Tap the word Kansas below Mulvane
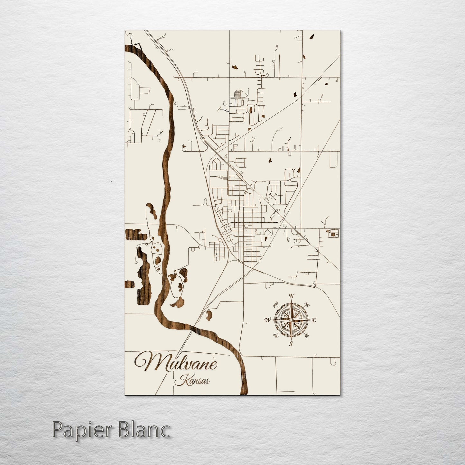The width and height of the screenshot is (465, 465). [x=192, y=380]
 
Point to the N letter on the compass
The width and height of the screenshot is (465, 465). [x=292, y=296]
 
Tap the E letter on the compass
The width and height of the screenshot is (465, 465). [x=314, y=320]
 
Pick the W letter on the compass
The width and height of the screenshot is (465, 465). [x=267, y=320]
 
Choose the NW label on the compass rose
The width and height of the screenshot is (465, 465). [x=275, y=305]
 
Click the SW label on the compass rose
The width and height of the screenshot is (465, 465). [x=275, y=336]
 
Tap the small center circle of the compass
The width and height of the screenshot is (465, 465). [x=291, y=320]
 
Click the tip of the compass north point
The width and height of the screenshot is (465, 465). [x=291, y=301]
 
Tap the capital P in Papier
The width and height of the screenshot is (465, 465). [x=57, y=430]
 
